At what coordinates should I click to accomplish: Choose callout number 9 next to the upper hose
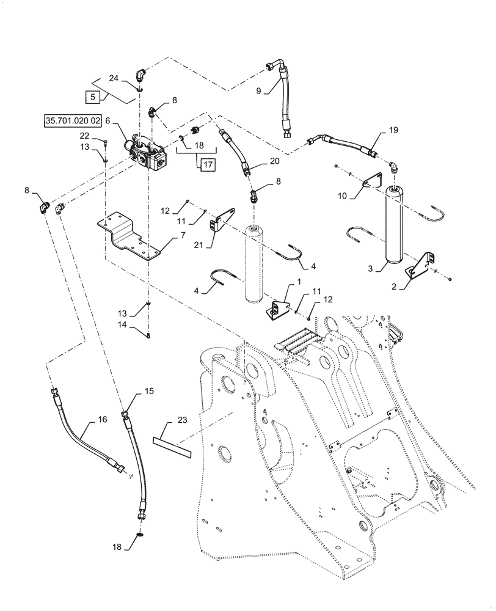click(x=258, y=92)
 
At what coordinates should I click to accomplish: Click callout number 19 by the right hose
click(x=393, y=130)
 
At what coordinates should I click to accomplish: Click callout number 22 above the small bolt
click(x=84, y=136)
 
